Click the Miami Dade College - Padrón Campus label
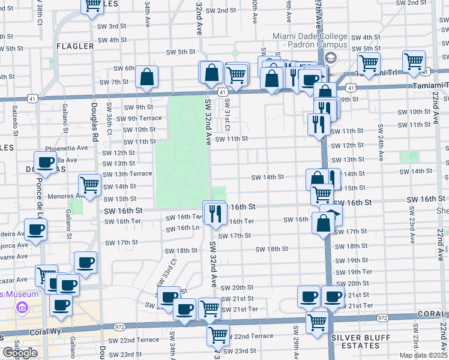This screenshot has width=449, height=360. (310, 40)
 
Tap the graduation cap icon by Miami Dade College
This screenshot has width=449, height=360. (330, 58)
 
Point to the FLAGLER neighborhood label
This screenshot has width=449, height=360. (75, 46)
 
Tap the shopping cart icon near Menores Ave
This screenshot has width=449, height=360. (89, 185)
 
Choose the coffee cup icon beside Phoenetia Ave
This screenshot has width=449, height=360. (46, 162)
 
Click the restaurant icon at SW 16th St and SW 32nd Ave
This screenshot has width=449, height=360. (214, 212)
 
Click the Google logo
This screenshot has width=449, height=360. (20, 353)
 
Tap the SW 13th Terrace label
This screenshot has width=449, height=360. (127, 174)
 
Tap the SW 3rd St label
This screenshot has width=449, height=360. (112, 26)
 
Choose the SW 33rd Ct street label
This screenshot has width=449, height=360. (173, 270)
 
